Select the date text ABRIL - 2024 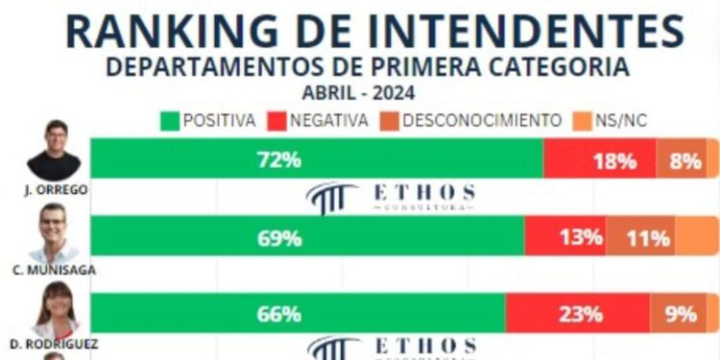(x=359, y=94)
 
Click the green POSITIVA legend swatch (x=170, y=121)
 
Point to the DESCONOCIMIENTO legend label (x=482, y=121)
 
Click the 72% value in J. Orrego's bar (x=274, y=159)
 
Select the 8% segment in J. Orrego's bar (x=684, y=160)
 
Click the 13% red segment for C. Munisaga (x=580, y=237)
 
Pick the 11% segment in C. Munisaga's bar (x=647, y=237)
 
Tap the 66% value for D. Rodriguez (x=279, y=314)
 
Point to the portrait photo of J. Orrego (x=54, y=150)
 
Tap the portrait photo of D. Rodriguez (x=55, y=308)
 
